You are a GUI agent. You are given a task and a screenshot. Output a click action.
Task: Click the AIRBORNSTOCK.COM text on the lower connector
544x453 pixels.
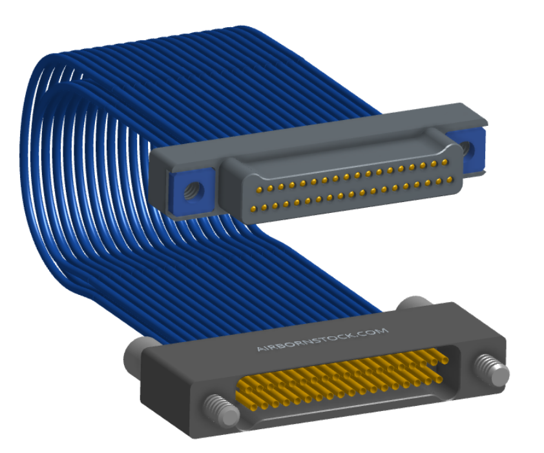pos(322,339)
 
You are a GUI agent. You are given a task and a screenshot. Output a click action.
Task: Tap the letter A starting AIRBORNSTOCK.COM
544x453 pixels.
pos(260,348)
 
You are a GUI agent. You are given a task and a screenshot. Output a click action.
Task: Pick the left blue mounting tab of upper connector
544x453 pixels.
pos(191,191)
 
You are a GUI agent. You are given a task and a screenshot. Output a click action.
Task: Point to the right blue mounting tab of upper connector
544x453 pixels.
pos(466,150)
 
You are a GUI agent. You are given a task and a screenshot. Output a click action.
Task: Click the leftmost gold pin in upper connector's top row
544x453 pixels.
pos(260,189)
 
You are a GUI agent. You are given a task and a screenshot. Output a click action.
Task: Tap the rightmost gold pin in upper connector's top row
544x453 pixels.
pos(445,162)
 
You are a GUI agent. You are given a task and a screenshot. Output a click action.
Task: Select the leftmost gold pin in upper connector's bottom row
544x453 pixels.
pos(254,208)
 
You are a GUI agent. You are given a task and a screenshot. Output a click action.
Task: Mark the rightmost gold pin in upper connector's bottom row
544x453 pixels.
pos(450,179)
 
